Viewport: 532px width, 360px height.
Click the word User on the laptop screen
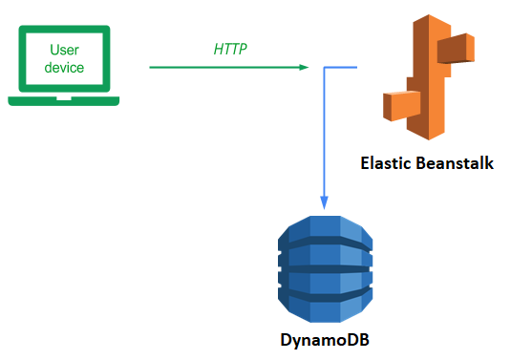tap(64, 50)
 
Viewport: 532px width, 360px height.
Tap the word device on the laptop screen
tap(64, 68)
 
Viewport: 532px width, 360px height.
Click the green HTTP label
tap(230, 49)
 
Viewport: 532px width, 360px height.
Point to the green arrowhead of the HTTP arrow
tap(304, 67)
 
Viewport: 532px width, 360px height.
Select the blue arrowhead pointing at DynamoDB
tap(325, 202)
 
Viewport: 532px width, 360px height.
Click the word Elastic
tap(386, 163)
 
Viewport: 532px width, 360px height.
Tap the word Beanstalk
tap(455, 163)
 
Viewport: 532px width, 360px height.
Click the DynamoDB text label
tap(325, 340)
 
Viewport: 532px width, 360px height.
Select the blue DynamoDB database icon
tap(325, 269)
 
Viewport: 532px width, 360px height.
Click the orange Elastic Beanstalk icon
tap(429, 77)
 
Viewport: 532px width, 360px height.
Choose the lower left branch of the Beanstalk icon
tap(402, 106)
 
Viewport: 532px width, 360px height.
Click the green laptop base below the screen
tap(64, 101)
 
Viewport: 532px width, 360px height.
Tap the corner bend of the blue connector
tap(325, 67)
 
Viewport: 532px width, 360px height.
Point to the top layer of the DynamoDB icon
tap(325, 229)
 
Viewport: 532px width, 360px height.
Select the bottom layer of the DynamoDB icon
tap(325, 308)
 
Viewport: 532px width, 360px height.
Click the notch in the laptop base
tap(64, 98)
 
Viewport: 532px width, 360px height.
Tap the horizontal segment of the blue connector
tap(341, 67)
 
